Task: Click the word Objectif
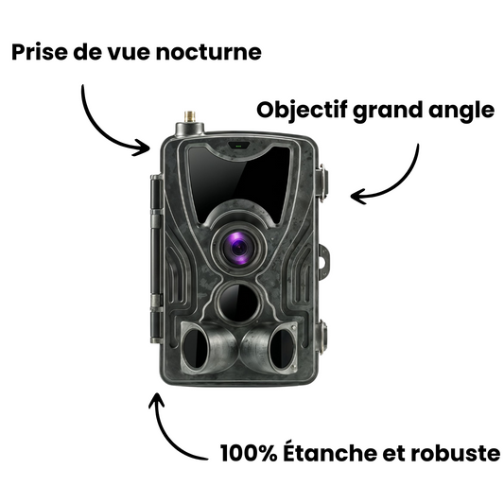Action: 300,110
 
